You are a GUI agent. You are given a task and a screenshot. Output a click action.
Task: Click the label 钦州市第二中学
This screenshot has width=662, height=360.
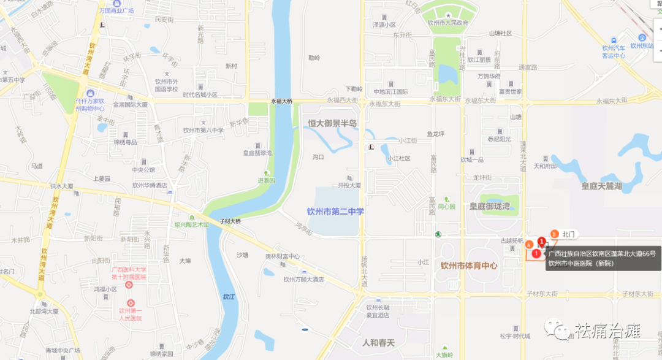click(335, 212)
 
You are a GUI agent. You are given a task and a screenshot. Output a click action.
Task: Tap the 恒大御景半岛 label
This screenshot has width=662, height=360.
click(333, 123)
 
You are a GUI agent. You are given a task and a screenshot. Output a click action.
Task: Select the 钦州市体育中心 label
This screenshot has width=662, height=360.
click(468, 266)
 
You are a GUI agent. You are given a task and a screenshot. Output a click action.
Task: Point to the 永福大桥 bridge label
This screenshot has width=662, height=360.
click(282, 101)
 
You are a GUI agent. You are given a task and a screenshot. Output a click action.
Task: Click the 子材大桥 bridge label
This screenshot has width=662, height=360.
click(230, 221)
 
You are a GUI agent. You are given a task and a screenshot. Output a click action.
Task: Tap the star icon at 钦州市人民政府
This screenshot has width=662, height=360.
click(448, 15)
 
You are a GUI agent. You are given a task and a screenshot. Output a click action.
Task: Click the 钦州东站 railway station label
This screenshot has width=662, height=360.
click(642, 45)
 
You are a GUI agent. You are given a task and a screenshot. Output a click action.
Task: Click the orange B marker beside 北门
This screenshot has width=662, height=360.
click(554, 234)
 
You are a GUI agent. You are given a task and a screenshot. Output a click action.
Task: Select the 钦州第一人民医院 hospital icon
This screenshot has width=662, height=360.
click(130, 303)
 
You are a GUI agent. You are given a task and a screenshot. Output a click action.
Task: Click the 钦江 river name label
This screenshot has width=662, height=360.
click(229, 296)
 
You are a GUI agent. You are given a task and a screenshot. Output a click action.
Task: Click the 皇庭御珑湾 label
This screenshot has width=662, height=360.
click(490, 206)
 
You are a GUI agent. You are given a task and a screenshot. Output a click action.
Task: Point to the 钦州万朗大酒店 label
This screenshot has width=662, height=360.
click(303, 279)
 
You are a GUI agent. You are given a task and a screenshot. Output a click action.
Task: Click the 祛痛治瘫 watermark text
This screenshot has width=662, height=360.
click(607, 332)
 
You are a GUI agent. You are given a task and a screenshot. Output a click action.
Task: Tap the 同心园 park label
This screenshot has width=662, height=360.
click(447, 207)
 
